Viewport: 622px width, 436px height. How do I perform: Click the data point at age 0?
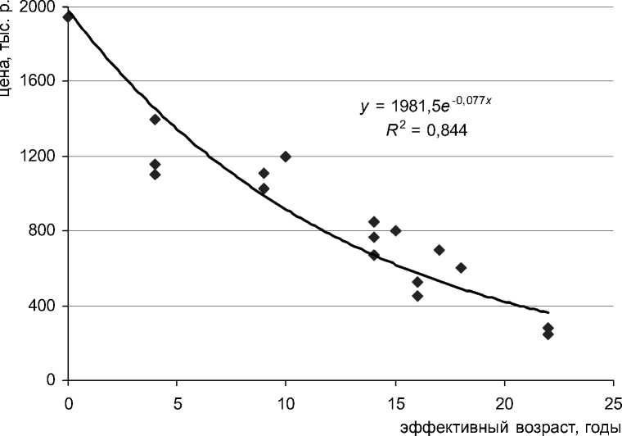pyautogui.click(x=68, y=16)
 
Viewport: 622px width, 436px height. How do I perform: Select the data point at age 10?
pyautogui.click(x=286, y=157)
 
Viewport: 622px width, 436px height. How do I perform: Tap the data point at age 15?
pyautogui.click(x=395, y=231)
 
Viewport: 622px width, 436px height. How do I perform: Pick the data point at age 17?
pyautogui.click(x=439, y=250)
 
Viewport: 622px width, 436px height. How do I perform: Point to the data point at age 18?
pyautogui.click(x=461, y=268)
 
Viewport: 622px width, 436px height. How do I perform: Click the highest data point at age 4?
pyautogui.click(x=155, y=120)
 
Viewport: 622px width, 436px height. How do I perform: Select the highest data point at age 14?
pyautogui.click(x=373, y=222)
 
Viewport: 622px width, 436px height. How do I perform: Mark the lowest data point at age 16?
pyautogui.click(x=417, y=296)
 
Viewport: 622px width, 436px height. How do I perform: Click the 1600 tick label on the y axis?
pyautogui.click(x=38, y=82)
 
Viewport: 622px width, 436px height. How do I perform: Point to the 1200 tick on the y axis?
pyautogui.click(x=38, y=157)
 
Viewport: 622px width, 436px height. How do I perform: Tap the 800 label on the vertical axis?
pyautogui.click(x=42, y=231)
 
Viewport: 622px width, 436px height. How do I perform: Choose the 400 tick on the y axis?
pyautogui.click(x=42, y=306)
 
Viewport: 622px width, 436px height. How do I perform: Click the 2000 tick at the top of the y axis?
pyautogui.click(x=38, y=7)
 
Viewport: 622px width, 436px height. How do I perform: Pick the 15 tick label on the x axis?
pyautogui.click(x=395, y=402)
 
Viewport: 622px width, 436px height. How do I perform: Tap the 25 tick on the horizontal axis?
pyautogui.click(x=613, y=402)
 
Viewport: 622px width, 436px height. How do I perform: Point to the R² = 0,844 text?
pyautogui.click(x=427, y=129)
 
